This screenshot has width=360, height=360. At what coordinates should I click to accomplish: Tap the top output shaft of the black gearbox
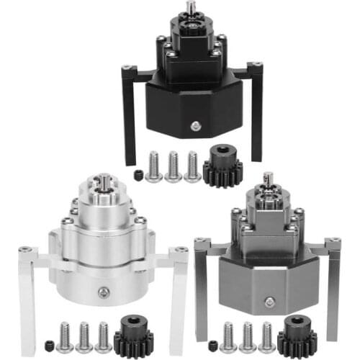click(192, 6)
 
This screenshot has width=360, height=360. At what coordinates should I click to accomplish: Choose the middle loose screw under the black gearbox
click(174, 166)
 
